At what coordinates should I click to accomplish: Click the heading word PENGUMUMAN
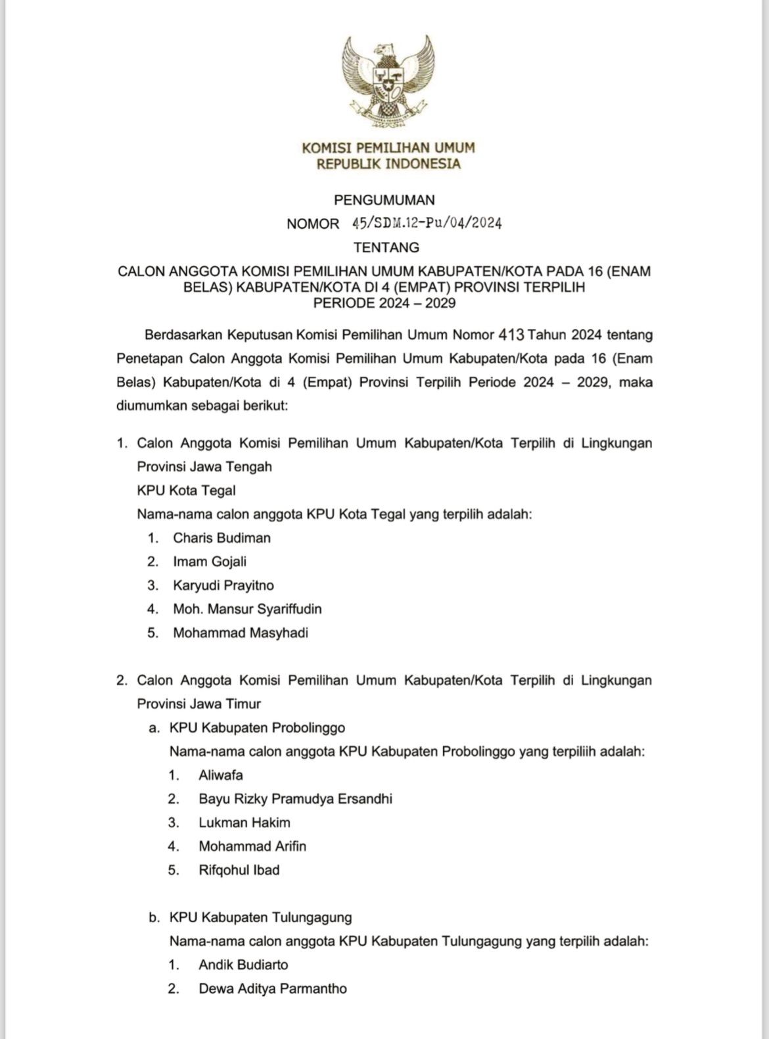pyautogui.click(x=384, y=199)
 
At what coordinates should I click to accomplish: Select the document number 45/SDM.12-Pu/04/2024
pyautogui.click(x=427, y=224)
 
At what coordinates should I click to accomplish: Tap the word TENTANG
pyautogui.click(x=386, y=248)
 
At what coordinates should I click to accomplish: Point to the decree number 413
pyautogui.click(x=511, y=335)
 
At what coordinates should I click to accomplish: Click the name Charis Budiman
pyautogui.click(x=221, y=538)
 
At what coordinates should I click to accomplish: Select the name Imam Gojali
pyautogui.click(x=210, y=562)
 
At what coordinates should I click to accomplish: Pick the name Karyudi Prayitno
pyautogui.click(x=223, y=585)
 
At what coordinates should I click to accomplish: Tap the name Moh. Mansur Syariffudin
pyautogui.click(x=247, y=609)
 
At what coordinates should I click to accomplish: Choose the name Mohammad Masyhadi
pyautogui.click(x=241, y=633)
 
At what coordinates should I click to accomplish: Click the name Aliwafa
pyautogui.click(x=221, y=775)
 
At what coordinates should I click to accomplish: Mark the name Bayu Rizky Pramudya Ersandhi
pyautogui.click(x=295, y=798)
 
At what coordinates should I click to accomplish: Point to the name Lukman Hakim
pyautogui.click(x=245, y=822)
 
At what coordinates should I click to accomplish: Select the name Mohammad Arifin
pyautogui.click(x=252, y=846)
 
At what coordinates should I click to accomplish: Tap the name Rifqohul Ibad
pyautogui.click(x=239, y=869)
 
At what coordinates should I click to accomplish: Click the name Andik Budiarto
pyautogui.click(x=243, y=965)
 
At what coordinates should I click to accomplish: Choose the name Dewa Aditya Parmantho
pyautogui.click(x=273, y=988)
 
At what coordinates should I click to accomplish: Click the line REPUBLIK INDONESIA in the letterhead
pyautogui.click(x=388, y=164)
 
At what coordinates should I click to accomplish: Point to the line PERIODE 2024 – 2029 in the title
pyautogui.click(x=384, y=303)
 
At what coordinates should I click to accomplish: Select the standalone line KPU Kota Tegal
pyautogui.click(x=186, y=491)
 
